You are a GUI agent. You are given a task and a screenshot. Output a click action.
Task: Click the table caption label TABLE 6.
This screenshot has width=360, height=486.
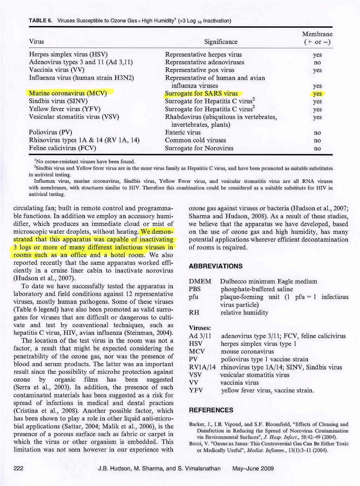(x=40, y=20)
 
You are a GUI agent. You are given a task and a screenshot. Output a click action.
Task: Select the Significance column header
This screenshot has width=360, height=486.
(x=221, y=42)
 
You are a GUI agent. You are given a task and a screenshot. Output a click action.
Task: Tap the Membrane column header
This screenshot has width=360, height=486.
(x=317, y=38)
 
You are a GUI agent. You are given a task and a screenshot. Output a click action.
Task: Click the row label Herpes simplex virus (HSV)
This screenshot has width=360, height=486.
(x=68, y=55)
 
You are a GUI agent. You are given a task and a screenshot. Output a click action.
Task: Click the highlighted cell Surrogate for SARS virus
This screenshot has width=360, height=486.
(x=201, y=94)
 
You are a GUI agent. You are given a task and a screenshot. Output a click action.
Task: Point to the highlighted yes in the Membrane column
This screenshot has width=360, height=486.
(x=317, y=94)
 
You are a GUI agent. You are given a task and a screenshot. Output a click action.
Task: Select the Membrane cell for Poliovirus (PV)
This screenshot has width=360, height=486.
(x=317, y=133)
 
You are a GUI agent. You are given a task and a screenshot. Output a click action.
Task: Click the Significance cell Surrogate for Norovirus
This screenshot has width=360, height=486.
(x=199, y=148)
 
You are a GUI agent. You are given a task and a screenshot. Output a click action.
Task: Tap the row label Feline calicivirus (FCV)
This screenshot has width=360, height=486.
(x=62, y=148)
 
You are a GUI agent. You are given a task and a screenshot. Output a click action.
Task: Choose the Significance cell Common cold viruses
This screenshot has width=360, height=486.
(x=195, y=140)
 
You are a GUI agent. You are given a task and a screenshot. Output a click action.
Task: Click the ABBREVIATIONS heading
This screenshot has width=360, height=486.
(x=216, y=266)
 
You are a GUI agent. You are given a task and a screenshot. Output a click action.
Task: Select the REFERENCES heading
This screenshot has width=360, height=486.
(x=211, y=410)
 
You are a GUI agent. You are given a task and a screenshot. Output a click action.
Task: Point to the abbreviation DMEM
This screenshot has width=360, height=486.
(x=200, y=281)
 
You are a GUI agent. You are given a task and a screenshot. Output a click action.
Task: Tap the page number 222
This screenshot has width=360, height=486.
(x=18, y=468)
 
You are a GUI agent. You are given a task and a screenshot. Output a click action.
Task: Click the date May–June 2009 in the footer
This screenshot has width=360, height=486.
(x=253, y=468)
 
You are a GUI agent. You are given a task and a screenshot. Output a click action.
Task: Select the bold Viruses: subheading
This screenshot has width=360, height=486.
(x=200, y=327)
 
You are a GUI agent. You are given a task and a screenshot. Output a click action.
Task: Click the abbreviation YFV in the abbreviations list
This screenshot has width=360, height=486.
(x=196, y=390)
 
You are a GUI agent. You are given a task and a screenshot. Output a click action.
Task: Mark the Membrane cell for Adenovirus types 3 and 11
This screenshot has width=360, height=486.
(x=317, y=62)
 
